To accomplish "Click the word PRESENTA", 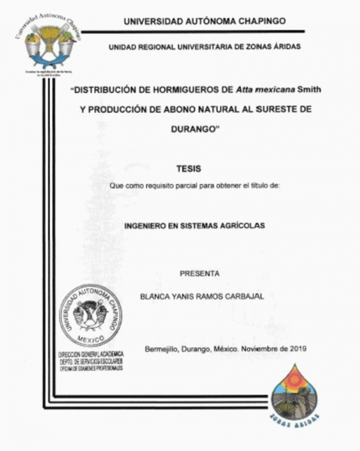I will (200, 273).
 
